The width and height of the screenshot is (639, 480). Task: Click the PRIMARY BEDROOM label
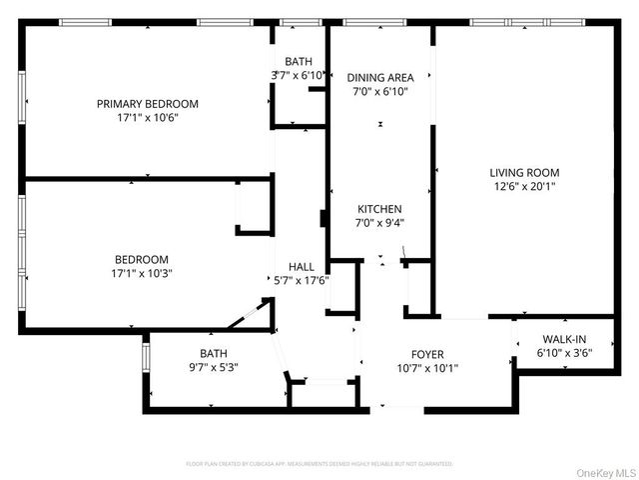(147, 103)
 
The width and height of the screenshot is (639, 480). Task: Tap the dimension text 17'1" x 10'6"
(147, 117)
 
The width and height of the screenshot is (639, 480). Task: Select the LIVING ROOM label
(524, 171)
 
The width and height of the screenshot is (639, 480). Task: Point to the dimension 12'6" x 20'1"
(524, 185)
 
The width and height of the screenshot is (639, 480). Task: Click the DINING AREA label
(379, 77)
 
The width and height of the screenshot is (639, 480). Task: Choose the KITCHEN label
(380, 209)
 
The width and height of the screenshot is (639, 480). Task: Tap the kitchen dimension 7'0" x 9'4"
(380, 223)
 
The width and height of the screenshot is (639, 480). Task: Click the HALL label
(302, 266)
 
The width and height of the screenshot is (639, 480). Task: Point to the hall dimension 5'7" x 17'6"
(302, 280)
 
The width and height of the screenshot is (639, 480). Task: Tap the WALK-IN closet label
(564, 339)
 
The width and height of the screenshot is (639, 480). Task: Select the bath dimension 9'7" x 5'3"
(213, 367)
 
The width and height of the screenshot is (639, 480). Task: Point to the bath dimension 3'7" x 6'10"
(298, 75)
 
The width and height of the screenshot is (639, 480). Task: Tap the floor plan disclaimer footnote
(319, 464)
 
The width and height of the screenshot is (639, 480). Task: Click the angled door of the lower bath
(248, 317)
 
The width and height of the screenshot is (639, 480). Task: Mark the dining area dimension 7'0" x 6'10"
(379, 91)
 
